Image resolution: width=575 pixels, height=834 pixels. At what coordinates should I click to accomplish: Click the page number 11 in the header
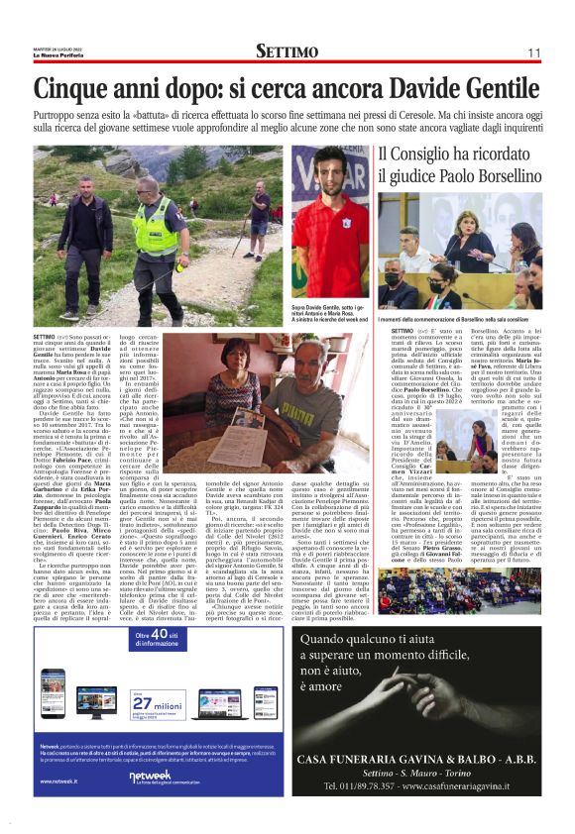point(532,52)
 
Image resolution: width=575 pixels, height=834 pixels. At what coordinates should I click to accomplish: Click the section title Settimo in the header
point(287,51)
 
